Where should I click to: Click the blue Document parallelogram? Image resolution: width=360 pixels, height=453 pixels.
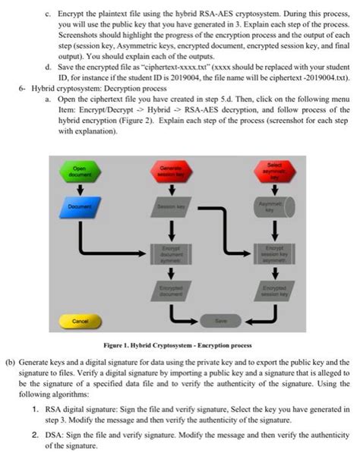tap(78, 206)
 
